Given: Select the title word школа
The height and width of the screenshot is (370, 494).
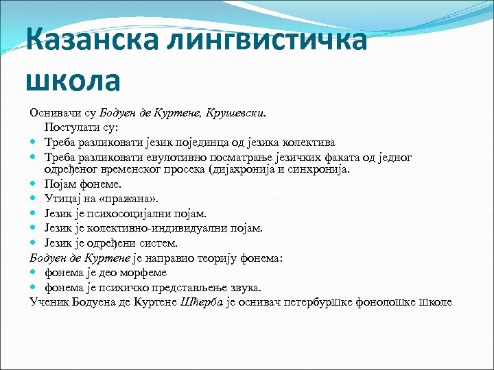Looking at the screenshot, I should coord(73,79).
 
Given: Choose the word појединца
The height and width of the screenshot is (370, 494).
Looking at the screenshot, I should coord(239,142).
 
